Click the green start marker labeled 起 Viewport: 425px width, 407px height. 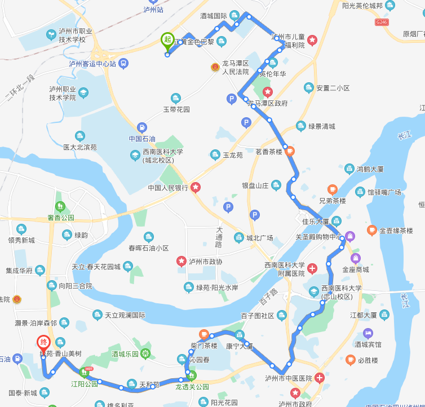point(167,39)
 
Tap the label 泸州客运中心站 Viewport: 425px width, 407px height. point(92,64)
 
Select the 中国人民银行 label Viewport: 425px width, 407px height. point(168,188)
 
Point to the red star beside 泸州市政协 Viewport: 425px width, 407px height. point(181,261)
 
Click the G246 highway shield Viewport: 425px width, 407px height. point(382,22)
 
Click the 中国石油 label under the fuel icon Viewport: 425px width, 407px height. point(141,139)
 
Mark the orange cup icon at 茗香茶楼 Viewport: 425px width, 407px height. point(289,151)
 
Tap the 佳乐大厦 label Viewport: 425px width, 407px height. point(316,221)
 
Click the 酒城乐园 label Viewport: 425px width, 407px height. point(125,354)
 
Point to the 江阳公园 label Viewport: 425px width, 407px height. point(81,382)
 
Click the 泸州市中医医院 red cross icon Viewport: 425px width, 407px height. point(320,378)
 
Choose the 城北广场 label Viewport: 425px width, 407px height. point(259,238)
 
